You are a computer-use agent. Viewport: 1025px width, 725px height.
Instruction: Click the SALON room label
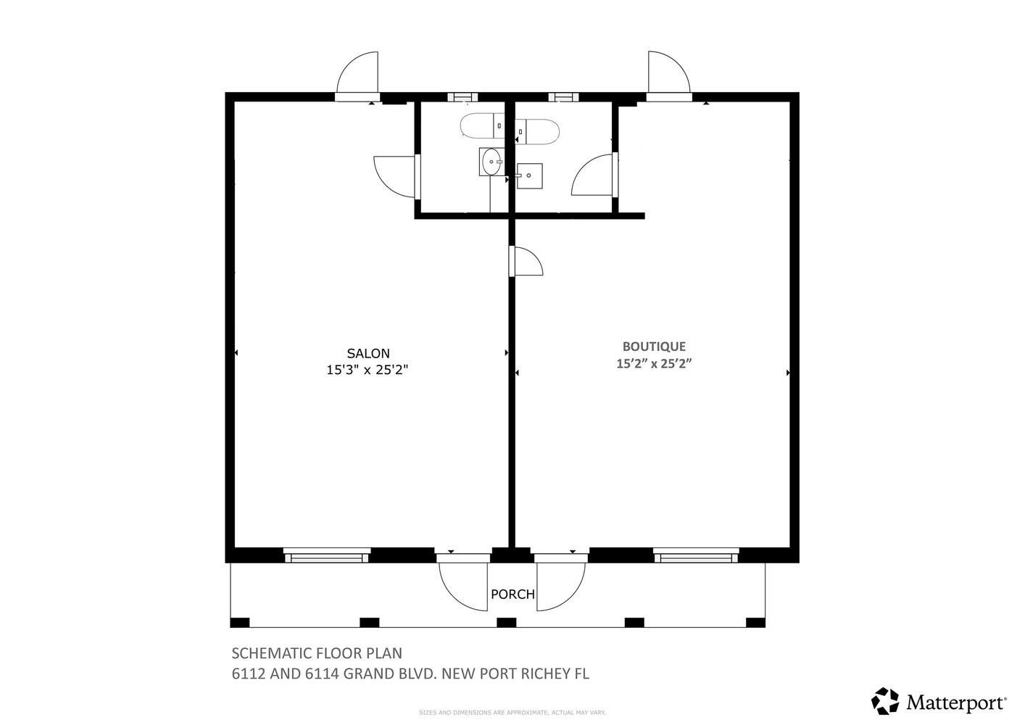point(368,353)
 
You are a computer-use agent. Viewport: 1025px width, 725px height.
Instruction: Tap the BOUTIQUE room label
point(654,347)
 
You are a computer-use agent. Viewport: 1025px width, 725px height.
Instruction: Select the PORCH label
point(512,594)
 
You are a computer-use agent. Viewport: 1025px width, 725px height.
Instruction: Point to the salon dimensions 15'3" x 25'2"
point(367,370)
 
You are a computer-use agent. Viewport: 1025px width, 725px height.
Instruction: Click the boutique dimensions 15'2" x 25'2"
point(654,364)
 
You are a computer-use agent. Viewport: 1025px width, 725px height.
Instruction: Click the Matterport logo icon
point(885,701)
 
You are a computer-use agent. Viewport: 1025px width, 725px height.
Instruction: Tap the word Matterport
point(956,702)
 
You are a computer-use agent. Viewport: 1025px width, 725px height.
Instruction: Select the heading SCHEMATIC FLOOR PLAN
point(317,653)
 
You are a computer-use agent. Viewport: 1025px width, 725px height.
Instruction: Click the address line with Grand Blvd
point(410,674)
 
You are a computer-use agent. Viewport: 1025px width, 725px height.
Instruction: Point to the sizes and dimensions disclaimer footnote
point(512,713)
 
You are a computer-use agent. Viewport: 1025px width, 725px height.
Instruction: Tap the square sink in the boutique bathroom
point(530,175)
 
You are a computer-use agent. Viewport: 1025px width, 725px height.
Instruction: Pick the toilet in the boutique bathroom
point(537,131)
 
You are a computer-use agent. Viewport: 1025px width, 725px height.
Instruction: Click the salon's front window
point(327,555)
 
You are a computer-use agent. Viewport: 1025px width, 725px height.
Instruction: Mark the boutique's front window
point(696,555)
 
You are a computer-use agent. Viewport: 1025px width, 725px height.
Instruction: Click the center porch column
point(507,623)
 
